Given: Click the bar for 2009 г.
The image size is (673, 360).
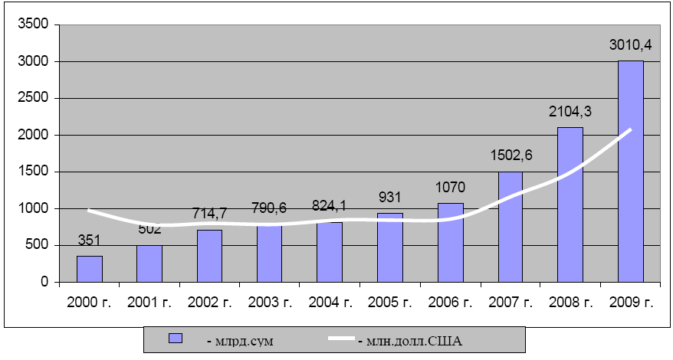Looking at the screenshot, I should [631, 172].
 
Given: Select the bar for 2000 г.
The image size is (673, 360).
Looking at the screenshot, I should [90, 269].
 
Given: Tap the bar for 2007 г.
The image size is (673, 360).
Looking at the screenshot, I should [510, 227].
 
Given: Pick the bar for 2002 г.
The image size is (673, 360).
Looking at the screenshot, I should [210, 256].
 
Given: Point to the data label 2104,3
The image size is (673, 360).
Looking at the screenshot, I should [570, 112].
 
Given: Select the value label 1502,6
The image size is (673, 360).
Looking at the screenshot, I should [510, 156].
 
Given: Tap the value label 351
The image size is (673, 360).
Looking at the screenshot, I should [90, 241].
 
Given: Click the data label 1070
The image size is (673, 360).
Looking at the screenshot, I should [451, 188].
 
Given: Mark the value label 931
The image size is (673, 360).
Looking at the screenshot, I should [390, 198].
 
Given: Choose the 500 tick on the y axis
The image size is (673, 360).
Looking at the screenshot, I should [38, 245].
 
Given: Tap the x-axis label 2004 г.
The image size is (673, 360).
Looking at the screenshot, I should [330, 302].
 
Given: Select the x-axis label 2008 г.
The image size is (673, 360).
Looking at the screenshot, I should [571, 302].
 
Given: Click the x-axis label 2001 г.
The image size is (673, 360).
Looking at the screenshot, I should [149, 302].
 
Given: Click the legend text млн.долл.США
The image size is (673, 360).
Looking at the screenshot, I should [410, 339].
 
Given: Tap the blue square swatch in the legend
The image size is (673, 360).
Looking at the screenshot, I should [175, 339].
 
